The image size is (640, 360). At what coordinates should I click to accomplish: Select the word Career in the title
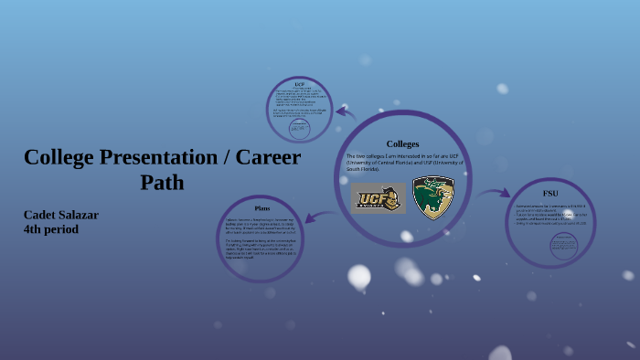268,157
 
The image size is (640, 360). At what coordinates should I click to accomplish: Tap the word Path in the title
162,183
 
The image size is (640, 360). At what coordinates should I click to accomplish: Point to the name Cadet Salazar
61,215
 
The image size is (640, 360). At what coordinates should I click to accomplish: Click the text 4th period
51,229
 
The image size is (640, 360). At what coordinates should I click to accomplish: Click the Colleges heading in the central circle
402,143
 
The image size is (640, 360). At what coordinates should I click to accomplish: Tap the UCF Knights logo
379,197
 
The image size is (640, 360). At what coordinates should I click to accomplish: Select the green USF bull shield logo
433,197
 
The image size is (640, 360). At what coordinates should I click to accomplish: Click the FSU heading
549,194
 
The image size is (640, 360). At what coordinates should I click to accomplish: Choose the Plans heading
262,208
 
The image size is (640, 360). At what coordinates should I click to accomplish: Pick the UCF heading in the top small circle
299,84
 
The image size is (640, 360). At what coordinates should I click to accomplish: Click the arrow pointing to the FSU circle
495,193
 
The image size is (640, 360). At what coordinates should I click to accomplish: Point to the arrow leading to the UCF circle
345,112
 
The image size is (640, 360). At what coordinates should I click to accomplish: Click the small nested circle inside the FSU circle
564,245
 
